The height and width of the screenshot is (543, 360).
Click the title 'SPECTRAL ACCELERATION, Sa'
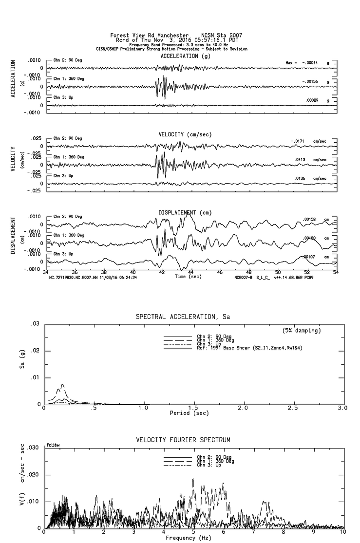183,317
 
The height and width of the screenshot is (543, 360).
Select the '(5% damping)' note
302,331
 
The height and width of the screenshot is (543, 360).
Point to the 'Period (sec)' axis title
189,413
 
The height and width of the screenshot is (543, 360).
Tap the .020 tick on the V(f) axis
33,475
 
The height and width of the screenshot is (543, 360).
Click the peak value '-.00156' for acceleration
310,81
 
